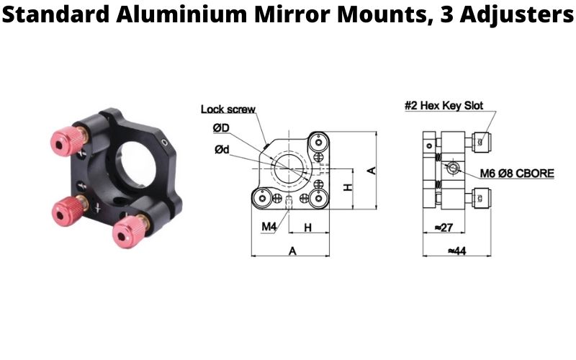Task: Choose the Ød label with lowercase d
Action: point(222,149)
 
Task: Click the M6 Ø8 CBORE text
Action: point(510,174)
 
